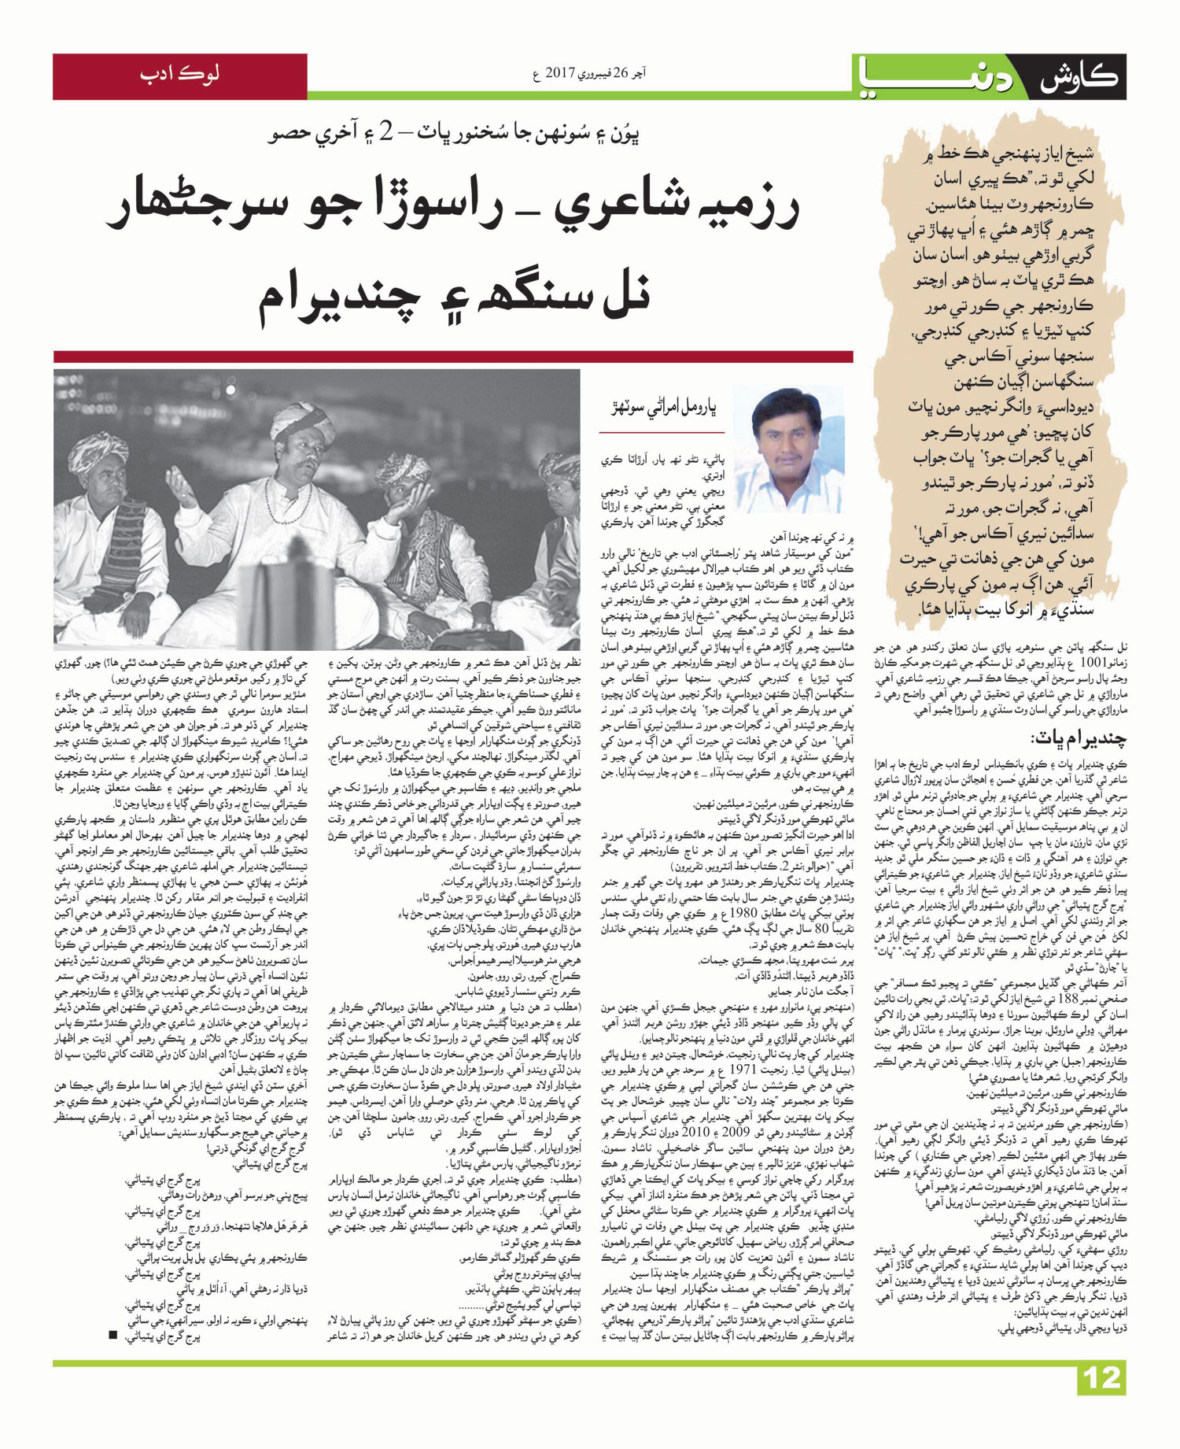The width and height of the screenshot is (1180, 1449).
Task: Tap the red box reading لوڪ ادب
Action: pyautogui.click(x=179, y=76)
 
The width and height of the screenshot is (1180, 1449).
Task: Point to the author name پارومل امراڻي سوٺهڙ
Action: pyautogui.click(x=665, y=408)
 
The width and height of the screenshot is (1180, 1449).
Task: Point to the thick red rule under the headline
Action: pyautogui.click(x=453, y=357)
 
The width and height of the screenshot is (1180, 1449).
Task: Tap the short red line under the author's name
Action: pyautogui.click(x=662, y=432)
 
